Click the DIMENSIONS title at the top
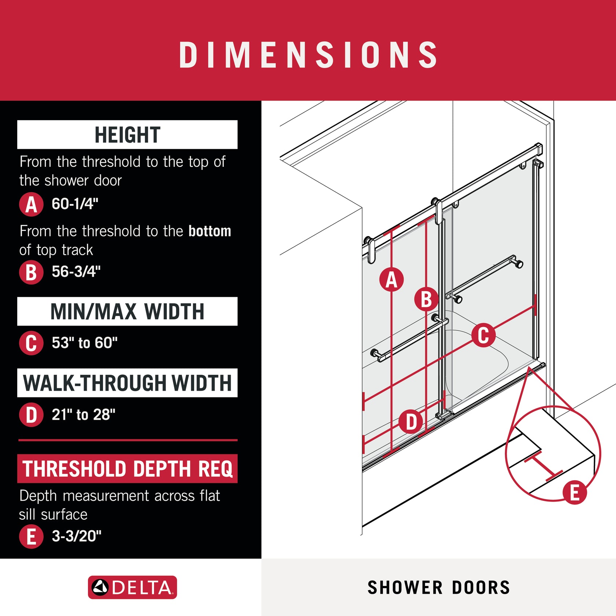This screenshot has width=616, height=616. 308,55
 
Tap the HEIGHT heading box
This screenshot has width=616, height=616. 127,135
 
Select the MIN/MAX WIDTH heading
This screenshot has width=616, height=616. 127,311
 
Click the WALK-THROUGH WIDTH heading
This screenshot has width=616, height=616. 127,383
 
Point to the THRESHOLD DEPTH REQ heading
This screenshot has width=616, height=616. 127,469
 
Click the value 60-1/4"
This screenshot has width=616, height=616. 75,204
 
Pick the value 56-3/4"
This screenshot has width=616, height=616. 76,272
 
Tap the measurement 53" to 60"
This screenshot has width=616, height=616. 84,343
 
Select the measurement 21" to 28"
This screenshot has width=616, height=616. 83,415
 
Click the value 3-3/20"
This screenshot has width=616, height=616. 76,536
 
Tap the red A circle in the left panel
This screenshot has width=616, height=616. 31,204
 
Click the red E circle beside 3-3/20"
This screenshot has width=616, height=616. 31,536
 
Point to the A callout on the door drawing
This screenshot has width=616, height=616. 391,280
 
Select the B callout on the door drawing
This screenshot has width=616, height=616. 426,299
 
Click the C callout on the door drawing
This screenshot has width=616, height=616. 483,335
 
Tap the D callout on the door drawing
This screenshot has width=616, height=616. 411,422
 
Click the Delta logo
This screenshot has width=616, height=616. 132,587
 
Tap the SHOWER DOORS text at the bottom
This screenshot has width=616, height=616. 439,587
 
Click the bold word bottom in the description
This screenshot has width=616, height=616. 210,231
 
